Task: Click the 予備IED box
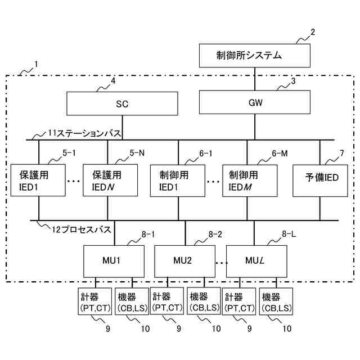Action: [x=322, y=181]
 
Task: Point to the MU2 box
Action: [x=185, y=261]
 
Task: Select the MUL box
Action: [x=254, y=261]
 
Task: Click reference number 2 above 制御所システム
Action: [x=313, y=32]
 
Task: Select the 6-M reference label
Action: [x=280, y=152]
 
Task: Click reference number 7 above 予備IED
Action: [x=341, y=152]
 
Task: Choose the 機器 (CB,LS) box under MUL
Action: [x=276, y=301]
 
